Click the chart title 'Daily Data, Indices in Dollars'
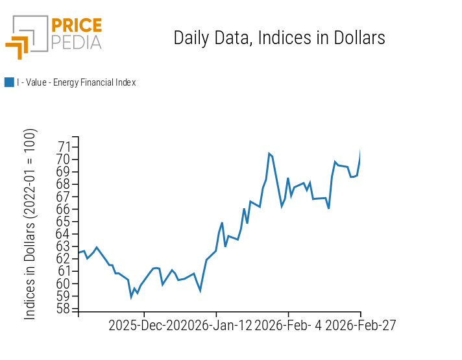[x=279, y=38]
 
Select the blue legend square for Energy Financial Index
[x=9, y=82]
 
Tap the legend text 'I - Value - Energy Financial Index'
[x=76, y=82]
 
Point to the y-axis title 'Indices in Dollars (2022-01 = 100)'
[x=30, y=224]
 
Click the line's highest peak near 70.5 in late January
[x=269, y=153]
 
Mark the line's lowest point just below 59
[x=131, y=297]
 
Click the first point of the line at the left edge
[x=79, y=252]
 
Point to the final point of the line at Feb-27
[x=360, y=151]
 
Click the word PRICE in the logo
[x=76, y=26]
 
